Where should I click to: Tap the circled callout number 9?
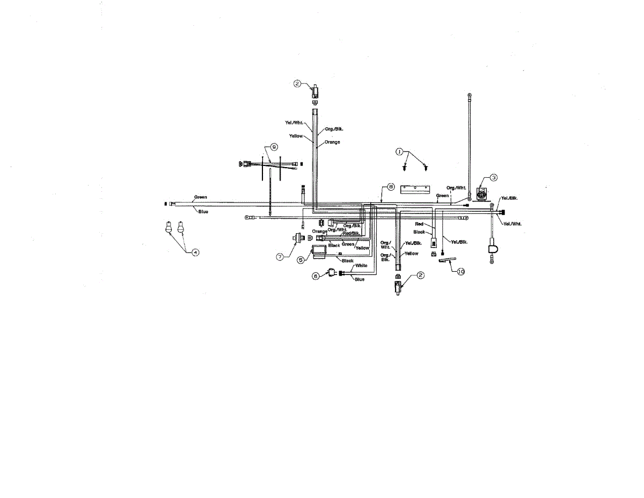point(274,146)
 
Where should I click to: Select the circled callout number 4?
point(195,252)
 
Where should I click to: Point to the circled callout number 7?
point(280,257)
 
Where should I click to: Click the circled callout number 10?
point(460,272)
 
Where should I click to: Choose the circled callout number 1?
point(399,152)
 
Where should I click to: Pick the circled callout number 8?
point(391,186)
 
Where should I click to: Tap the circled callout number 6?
point(316,276)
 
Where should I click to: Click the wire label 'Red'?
point(419,224)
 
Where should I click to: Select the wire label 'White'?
point(361,265)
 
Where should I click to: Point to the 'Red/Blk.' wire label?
point(352,233)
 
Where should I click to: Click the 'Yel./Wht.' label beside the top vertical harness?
point(295,122)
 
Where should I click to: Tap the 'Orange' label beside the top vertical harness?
point(332,142)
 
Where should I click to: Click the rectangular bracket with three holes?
point(415,189)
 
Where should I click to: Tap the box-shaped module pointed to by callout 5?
point(320,251)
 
